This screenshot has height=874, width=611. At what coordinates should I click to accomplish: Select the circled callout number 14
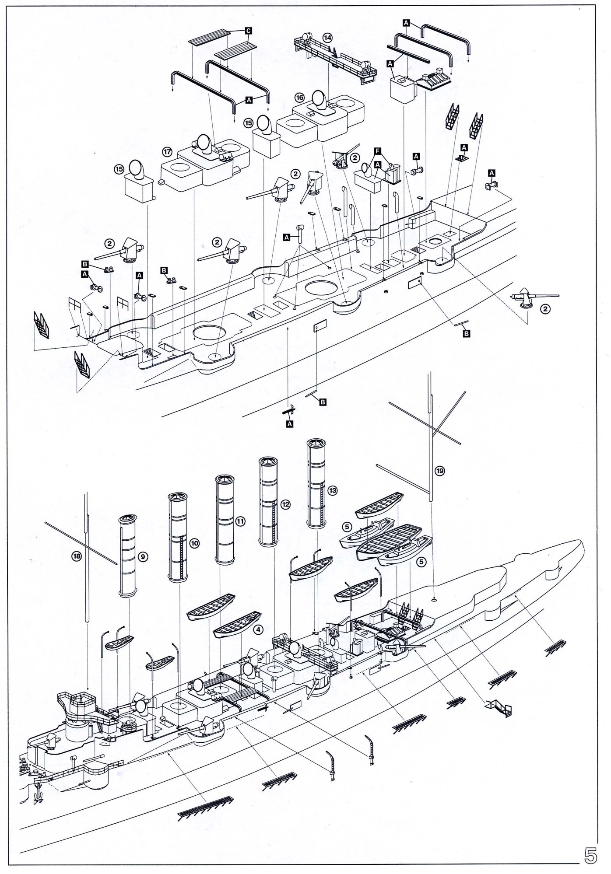click(327, 38)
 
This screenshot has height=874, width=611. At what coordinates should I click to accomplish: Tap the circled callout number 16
click(299, 98)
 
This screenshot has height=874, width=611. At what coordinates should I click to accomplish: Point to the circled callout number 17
click(167, 152)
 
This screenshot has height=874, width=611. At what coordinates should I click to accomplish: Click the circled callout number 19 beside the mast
click(440, 471)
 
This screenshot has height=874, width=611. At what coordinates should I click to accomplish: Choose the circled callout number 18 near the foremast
click(77, 556)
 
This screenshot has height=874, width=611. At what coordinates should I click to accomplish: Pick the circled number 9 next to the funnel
click(142, 556)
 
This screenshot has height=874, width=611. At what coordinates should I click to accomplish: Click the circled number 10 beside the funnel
click(194, 543)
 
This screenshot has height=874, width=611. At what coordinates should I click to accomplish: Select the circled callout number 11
click(240, 521)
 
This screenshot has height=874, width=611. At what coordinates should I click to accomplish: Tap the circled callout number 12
click(285, 504)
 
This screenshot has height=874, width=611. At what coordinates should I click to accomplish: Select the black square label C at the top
click(248, 31)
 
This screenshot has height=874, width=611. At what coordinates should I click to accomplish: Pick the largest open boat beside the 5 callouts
click(389, 539)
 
